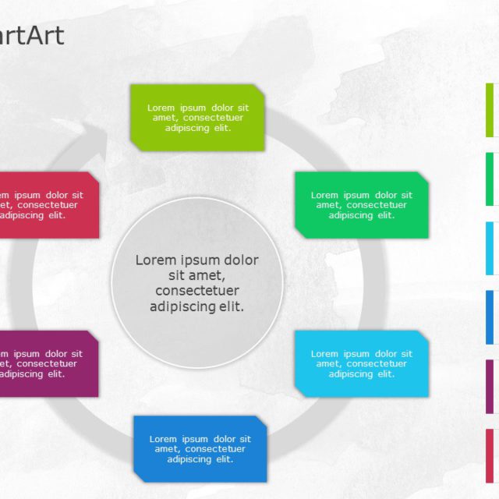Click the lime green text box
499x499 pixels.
[197, 117]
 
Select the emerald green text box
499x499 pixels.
[362, 205]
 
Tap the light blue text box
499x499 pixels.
[362, 363]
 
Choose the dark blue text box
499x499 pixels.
[200, 449]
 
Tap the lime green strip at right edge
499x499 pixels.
[490, 110]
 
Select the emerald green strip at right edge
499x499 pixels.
[490, 179]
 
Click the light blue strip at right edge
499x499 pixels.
[490, 248]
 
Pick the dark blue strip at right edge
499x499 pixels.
[490, 317]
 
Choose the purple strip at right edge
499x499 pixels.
[490, 386]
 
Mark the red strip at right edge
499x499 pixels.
[490, 455]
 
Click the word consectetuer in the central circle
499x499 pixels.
[196, 291]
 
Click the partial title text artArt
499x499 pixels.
[31, 35]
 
